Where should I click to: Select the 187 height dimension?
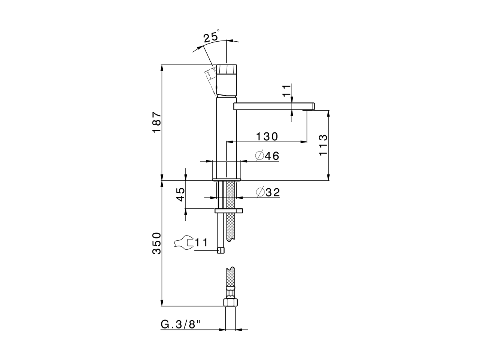pyautogui.click(x=156, y=122)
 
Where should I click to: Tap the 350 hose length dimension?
pyautogui.click(x=156, y=243)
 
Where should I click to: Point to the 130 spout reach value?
pyautogui.click(x=267, y=136)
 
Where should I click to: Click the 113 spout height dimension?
pyautogui.click(x=323, y=145)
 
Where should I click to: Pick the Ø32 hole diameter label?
pyautogui.click(x=268, y=192)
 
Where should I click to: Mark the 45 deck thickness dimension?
pyautogui.click(x=181, y=194)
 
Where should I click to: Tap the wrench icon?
pyautogui.click(x=184, y=242)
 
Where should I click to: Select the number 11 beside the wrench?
pyautogui.click(x=201, y=243)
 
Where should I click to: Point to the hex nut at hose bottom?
pyautogui.click(x=230, y=302)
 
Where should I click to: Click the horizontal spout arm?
pyautogui.click(x=274, y=106)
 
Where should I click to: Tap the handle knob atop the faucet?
pyautogui.click(x=227, y=70)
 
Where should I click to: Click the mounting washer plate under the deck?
pyautogui.click(x=229, y=211)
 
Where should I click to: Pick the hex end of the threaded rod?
pyautogui.click(x=221, y=250)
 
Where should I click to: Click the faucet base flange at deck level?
pyautogui.click(x=227, y=179)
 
